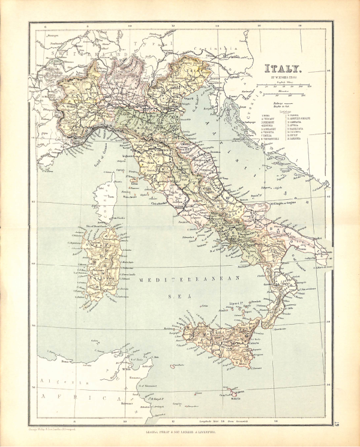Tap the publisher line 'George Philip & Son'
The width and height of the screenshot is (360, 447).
(180, 431)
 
